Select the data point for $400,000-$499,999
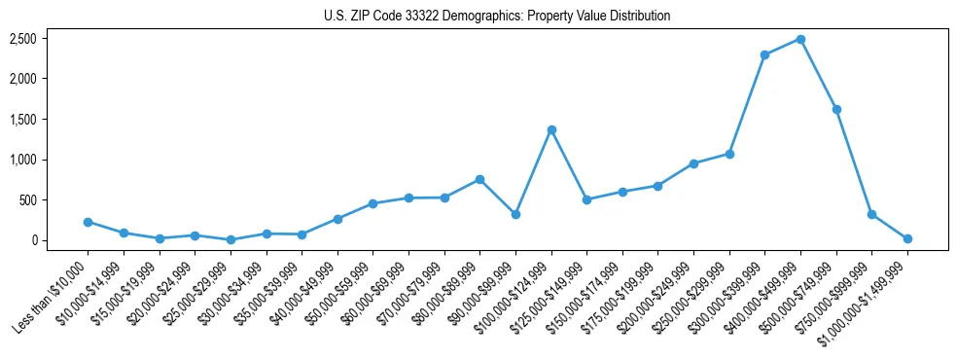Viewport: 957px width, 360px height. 800,39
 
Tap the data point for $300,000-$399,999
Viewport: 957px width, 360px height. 764,54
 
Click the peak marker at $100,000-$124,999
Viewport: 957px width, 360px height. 551,129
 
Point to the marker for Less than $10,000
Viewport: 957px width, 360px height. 88,222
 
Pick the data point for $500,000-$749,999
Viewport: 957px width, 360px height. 836,109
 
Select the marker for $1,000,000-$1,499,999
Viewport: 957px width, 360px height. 907,238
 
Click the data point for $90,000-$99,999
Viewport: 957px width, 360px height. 515,214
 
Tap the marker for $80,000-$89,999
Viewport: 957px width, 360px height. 479,179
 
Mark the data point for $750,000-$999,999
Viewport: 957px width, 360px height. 871,214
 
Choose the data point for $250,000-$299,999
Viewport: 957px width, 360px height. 729,154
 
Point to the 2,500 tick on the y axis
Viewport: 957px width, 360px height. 23,39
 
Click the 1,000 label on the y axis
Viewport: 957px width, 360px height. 23,160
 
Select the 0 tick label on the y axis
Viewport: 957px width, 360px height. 33,240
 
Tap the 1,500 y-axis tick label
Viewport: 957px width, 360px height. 23,120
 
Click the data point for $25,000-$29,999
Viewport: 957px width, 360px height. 230,239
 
